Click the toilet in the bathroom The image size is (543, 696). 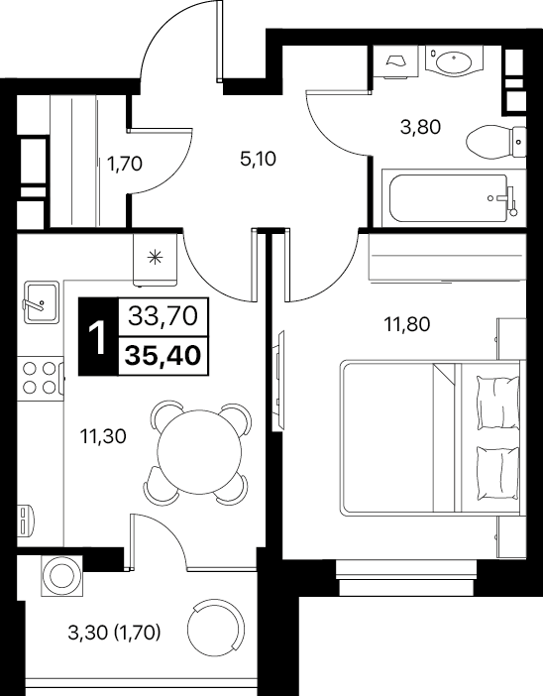pos(496,142)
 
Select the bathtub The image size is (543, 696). pos(449,198)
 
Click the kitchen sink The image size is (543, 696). pos(41,302)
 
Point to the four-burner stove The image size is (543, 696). pos(41,378)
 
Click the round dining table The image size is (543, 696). pos(200,451)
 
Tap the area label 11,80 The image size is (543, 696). pos(407,325)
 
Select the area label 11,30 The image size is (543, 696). pos(103,437)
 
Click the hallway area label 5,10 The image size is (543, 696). pos(258,159)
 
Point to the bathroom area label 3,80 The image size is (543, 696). pos(420,128)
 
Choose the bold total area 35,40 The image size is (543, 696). pos(163,356)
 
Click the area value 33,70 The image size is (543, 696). pos(163,316)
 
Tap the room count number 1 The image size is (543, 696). pos(97,338)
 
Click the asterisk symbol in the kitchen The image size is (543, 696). pos(155,258)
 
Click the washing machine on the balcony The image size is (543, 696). pos(61,576)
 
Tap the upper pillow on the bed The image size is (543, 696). pos(497,403)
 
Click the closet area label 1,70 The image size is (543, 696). pos(125,165)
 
